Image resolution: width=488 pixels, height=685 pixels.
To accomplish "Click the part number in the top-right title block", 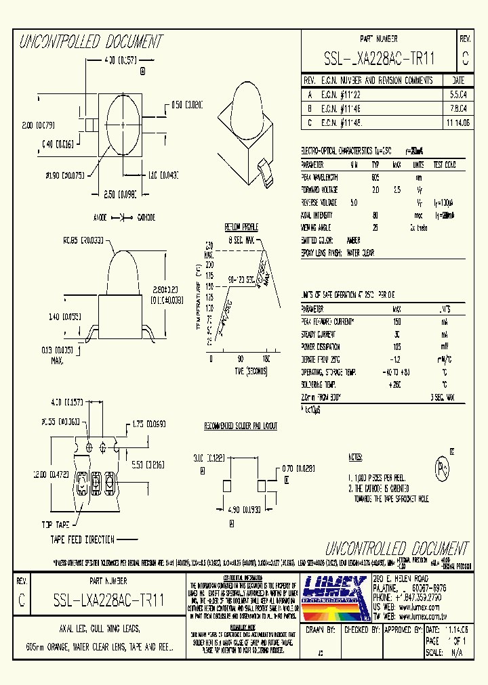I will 379,60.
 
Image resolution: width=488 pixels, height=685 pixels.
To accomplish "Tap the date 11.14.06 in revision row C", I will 457,123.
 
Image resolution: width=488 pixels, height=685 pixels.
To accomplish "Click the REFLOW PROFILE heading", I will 241,227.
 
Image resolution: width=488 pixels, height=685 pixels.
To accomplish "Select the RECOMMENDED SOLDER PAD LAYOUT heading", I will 241,426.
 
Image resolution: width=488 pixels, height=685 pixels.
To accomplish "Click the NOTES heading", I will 355,458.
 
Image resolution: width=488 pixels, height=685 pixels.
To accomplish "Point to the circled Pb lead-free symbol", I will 443,468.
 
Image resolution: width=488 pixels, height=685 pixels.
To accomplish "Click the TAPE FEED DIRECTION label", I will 82,539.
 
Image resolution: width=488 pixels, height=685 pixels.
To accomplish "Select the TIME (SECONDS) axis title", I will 241,372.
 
